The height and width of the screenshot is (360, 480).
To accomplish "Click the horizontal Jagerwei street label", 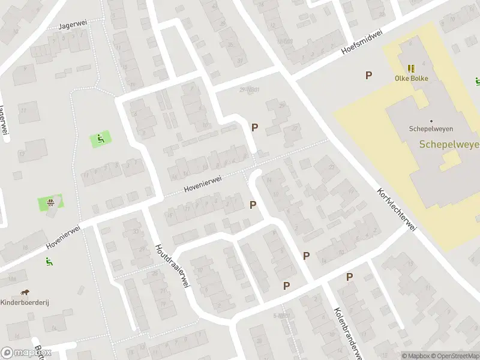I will [x=74, y=25].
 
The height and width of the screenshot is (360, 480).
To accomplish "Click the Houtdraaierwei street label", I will [x=172, y=266].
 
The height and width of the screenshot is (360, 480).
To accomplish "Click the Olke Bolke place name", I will [x=411, y=78].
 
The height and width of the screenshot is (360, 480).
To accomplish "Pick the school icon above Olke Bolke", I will [x=411, y=68].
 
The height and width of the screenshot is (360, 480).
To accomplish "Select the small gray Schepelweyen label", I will [x=430, y=128].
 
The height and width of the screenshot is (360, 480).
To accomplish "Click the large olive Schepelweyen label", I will [x=449, y=144].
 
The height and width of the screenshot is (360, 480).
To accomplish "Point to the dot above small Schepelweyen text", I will [x=431, y=120].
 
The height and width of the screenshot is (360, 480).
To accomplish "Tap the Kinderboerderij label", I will [x=25, y=302].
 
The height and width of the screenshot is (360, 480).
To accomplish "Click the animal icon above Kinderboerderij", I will [x=25, y=293].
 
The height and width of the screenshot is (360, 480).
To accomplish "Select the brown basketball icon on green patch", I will [x=52, y=202].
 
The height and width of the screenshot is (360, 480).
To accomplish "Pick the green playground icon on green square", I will [x=100, y=139].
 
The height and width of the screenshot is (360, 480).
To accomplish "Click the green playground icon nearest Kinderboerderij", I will [x=49, y=261].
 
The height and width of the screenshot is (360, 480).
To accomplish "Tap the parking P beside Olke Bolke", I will [x=368, y=75].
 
